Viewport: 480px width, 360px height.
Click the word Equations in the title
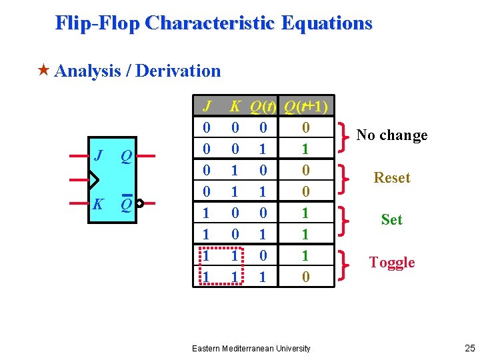327,23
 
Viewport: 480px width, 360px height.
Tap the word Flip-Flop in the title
97,23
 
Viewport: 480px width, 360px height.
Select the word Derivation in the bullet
178,71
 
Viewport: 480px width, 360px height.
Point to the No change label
391,135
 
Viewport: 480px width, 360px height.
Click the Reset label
392,178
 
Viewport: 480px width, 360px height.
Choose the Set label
391,220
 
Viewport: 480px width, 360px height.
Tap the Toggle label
392,263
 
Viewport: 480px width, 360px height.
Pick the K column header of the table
235,107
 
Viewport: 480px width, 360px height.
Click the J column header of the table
207,107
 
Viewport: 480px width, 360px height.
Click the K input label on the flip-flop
98,204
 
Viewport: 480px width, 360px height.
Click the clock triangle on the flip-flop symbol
93,180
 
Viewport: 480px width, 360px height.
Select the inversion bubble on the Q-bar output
139,203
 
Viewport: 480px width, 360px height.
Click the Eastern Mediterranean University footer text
251,348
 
